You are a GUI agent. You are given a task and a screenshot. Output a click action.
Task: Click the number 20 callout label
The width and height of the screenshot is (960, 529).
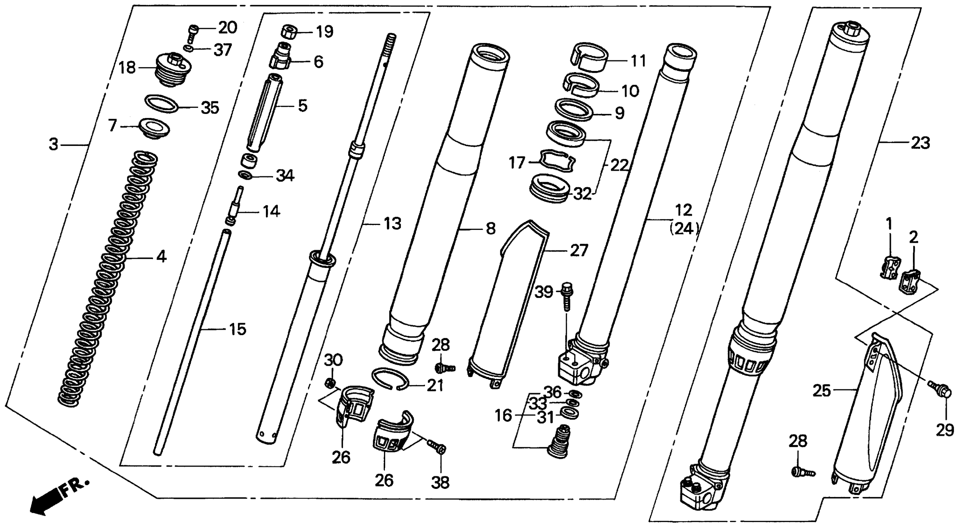pos(227,28)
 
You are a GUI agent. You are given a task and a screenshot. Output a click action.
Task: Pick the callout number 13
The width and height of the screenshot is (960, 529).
pos(392,224)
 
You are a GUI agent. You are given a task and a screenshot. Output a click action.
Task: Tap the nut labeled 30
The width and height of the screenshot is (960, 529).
pos(330,383)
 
